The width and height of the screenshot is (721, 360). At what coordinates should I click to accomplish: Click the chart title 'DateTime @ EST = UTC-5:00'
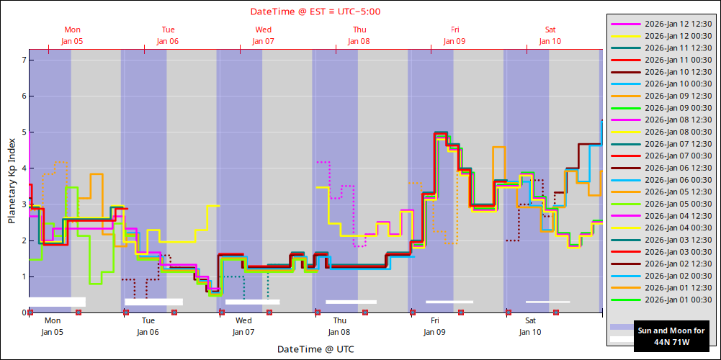click(315, 12)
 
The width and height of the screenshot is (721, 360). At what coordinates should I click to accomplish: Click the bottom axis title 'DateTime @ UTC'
click(315, 349)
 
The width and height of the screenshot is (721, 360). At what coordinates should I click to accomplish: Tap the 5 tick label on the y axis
click(24, 132)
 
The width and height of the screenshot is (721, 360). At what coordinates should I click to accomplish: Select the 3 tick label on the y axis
click(24, 204)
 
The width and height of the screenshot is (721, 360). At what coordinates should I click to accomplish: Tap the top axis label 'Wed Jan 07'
click(263, 35)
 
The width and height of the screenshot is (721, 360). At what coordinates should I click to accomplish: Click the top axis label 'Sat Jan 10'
click(550, 35)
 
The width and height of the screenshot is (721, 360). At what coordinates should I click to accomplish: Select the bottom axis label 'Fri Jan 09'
click(435, 326)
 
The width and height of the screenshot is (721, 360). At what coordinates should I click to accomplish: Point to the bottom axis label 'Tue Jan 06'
click(148, 326)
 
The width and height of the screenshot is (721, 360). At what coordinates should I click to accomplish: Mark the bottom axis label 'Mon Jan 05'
click(53, 326)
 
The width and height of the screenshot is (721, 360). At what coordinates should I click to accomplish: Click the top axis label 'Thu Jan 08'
click(359, 35)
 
